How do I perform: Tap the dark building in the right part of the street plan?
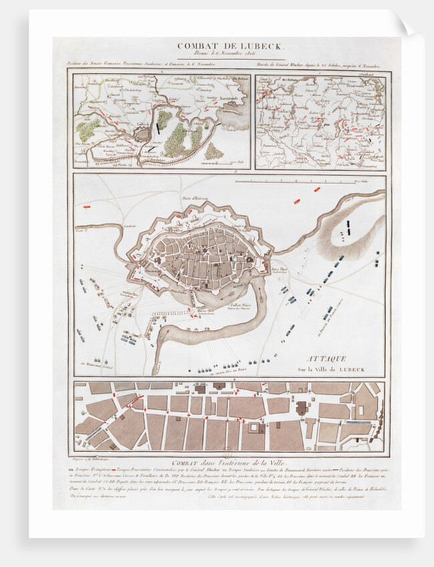[299, 408]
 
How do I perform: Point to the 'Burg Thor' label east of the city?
[274, 268]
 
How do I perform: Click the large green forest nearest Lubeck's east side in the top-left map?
[176, 140]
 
